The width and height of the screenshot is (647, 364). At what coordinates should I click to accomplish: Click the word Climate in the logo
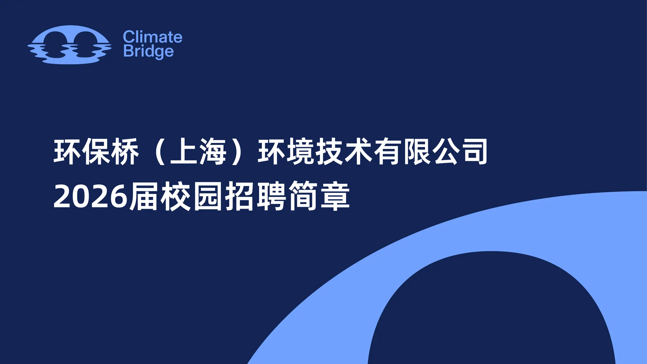pyautogui.click(x=152, y=37)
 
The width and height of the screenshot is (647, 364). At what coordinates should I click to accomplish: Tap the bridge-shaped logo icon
pyautogui.click(x=70, y=45)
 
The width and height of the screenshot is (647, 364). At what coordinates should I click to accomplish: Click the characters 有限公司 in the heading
pyautogui.click(x=431, y=151)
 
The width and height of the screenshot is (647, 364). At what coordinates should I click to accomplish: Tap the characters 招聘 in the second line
pyautogui.click(x=256, y=196)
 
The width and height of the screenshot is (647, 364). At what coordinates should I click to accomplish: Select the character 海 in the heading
pyautogui.click(x=213, y=151)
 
